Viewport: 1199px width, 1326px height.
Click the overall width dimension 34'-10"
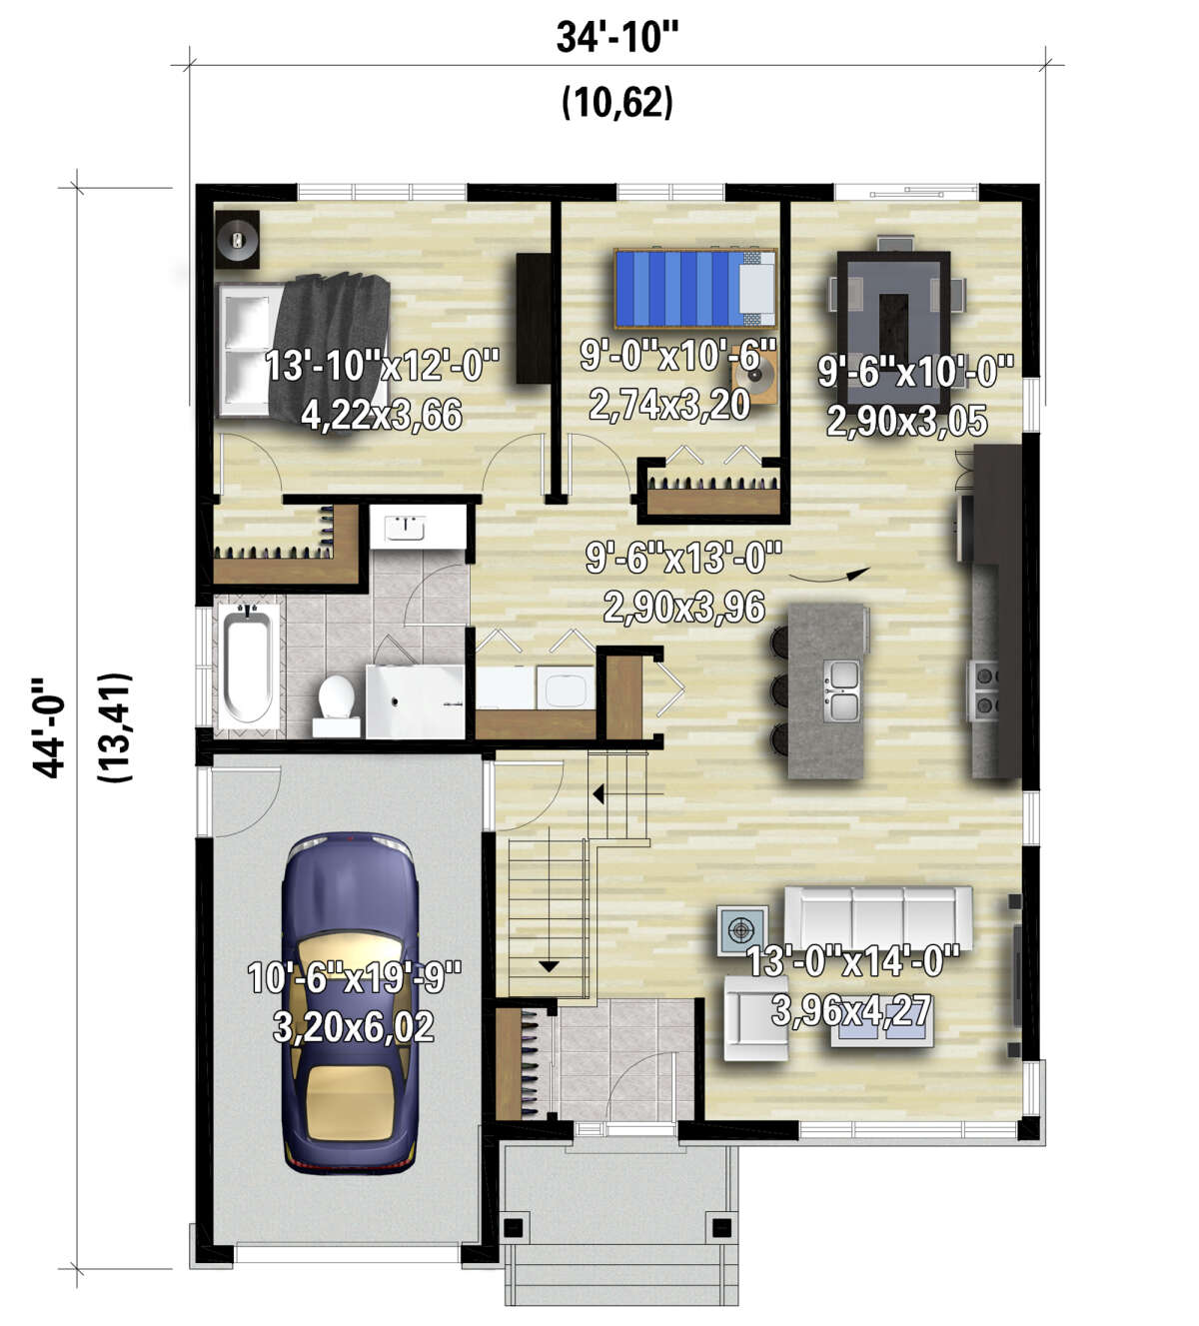pos(617,37)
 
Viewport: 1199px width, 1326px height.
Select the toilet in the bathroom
pos(337,705)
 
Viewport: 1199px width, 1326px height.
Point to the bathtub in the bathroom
pos(247,666)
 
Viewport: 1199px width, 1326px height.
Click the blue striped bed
pos(694,289)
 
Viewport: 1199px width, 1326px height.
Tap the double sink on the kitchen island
pos(840,690)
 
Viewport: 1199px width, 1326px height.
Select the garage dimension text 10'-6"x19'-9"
pos(355,978)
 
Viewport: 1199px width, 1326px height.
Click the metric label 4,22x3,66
pos(382,415)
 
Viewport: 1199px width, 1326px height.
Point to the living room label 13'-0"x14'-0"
pos(852,961)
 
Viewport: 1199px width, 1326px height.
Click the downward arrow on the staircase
pos(549,966)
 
